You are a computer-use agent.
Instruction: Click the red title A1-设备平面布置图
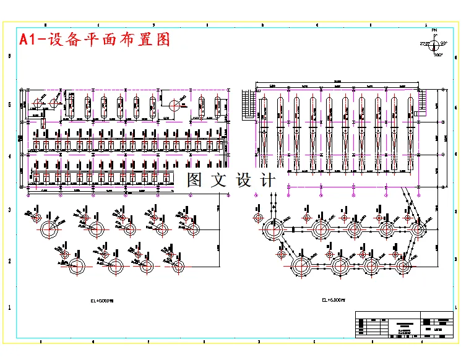(94, 40)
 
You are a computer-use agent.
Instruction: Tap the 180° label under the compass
(438, 56)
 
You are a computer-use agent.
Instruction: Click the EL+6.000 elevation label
(332, 300)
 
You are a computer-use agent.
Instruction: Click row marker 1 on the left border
(9, 307)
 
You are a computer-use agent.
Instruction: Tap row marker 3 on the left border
(9, 210)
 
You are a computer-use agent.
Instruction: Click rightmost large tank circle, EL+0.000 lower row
(179, 268)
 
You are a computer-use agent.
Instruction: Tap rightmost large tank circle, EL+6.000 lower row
(403, 268)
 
